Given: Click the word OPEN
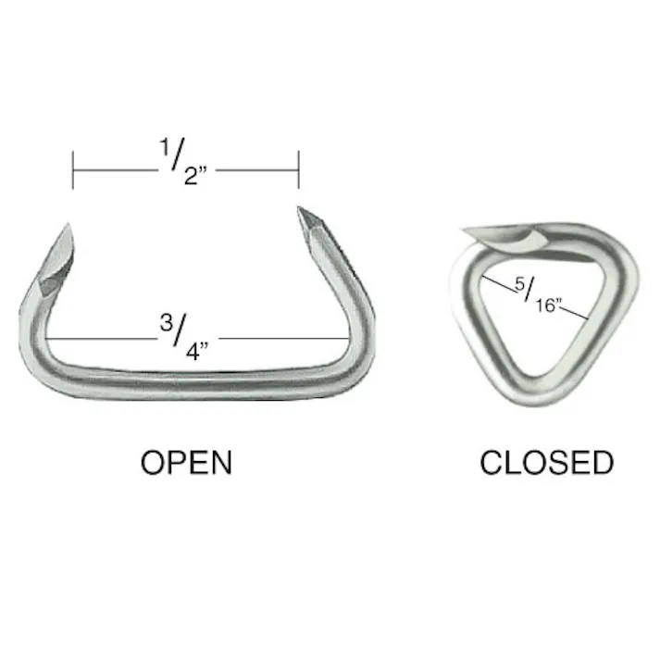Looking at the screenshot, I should click(186, 462).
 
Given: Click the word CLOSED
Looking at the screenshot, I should click(546, 462).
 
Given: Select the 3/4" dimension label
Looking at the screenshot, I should click(189, 336).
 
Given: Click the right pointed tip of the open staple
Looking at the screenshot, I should click(300, 211).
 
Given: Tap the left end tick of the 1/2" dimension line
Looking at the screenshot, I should click(73, 170).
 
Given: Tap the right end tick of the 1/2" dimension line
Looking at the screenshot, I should click(298, 170).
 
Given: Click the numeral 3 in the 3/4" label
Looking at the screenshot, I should click(164, 323).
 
